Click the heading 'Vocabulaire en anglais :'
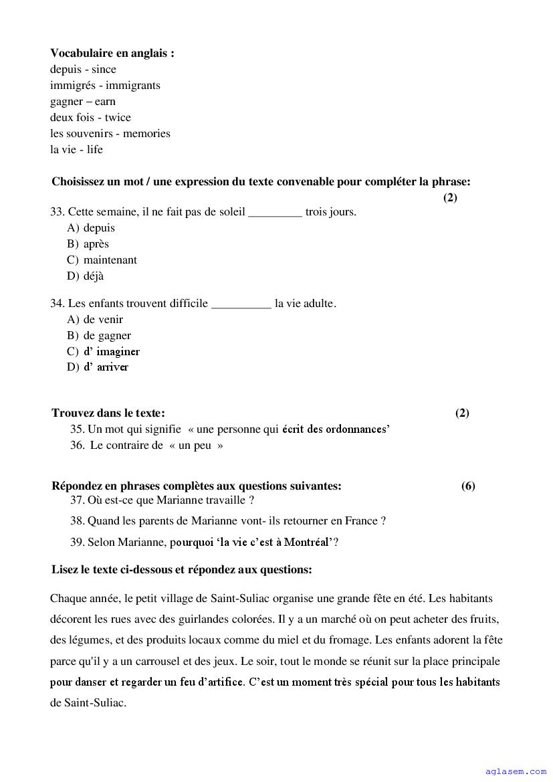coord(112,54)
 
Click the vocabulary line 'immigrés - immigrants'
coord(105,86)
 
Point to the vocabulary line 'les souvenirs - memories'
coord(110,134)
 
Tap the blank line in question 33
coord(275,213)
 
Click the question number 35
coord(77,429)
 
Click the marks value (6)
coord(468,486)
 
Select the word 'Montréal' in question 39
coord(305,543)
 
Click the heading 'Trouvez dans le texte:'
coord(108,413)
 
